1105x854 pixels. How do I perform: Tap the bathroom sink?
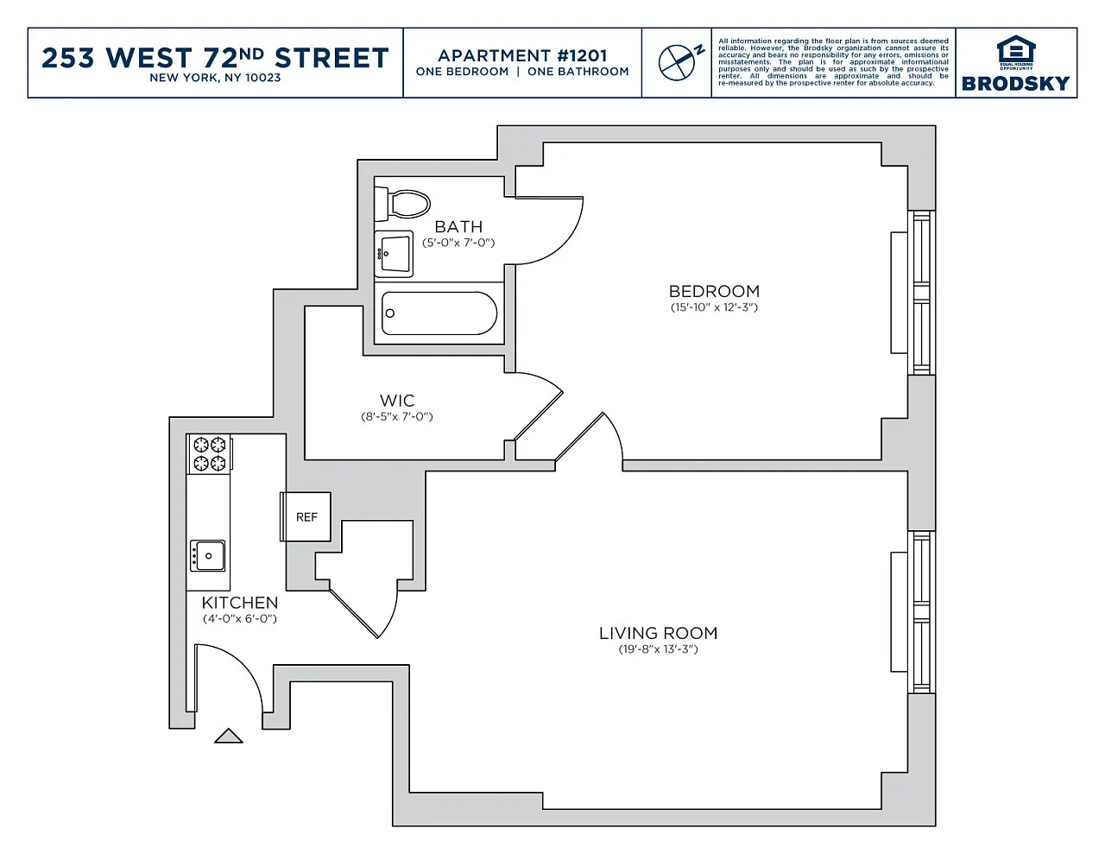click(394, 254)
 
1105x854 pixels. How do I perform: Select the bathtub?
click(439, 313)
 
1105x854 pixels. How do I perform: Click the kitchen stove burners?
click(210, 453)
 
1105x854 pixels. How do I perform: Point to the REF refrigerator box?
click(306, 516)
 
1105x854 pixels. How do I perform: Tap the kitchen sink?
click(207, 556)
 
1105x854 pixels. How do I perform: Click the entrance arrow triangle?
click(228, 736)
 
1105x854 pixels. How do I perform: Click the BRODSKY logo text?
click(1015, 84)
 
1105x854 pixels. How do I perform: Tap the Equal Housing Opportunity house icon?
click(1016, 51)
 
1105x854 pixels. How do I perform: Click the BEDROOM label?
click(714, 292)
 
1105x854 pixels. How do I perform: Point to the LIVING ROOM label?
click(658, 633)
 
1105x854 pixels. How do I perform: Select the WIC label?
click(397, 401)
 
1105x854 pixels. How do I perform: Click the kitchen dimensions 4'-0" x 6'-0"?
click(239, 619)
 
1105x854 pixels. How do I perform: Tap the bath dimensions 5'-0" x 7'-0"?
click(458, 243)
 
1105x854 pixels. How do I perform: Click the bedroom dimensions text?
click(714, 307)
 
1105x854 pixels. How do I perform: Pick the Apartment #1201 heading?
click(522, 55)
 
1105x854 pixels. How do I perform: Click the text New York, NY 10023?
click(215, 78)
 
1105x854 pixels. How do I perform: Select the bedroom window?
click(921, 293)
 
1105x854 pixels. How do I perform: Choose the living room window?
click(921, 612)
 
